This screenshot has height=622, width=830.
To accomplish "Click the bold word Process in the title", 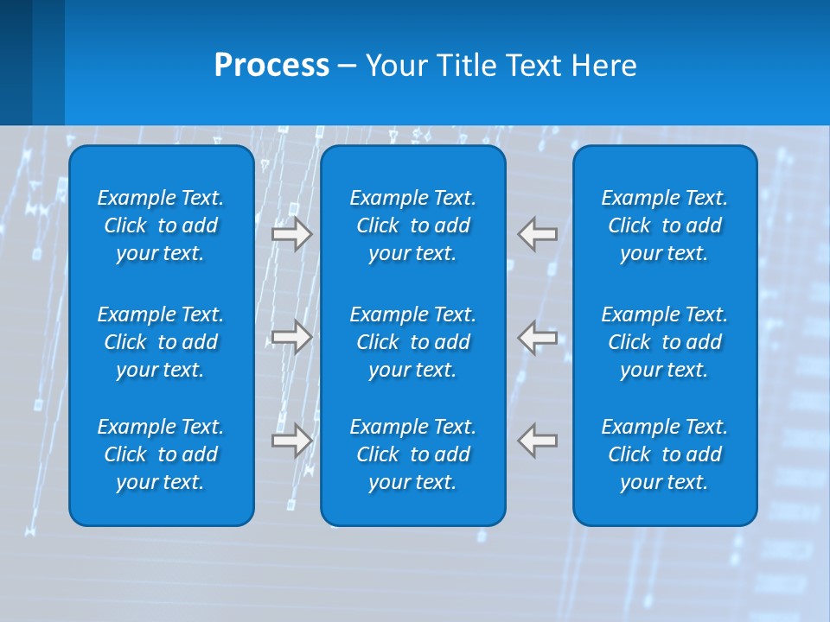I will [x=271, y=66].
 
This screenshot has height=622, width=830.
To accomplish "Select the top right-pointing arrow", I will [x=292, y=234].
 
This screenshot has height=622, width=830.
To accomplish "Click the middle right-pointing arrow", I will [x=292, y=337].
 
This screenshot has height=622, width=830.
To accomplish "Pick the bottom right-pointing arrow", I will [x=292, y=441].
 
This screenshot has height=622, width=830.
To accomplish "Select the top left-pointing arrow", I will [x=538, y=234].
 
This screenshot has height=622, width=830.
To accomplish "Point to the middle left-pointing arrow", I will [x=538, y=337].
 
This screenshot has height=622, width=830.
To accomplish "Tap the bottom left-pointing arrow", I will [x=538, y=441].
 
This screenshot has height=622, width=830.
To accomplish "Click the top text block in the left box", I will [x=161, y=225].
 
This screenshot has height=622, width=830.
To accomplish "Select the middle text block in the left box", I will [x=161, y=342].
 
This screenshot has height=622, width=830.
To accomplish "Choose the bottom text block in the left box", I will [x=161, y=454].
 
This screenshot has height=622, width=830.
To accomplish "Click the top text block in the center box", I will [x=412, y=225].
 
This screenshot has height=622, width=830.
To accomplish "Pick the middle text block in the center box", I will [x=412, y=342].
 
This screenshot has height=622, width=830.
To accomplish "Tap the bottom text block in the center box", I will [x=412, y=454].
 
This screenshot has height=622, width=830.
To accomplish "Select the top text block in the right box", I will [x=664, y=225].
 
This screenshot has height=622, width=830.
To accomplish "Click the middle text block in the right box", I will [x=664, y=342].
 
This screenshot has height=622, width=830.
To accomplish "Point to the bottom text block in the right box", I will [x=664, y=454].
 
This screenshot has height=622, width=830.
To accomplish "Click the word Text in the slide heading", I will [x=533, y=66].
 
